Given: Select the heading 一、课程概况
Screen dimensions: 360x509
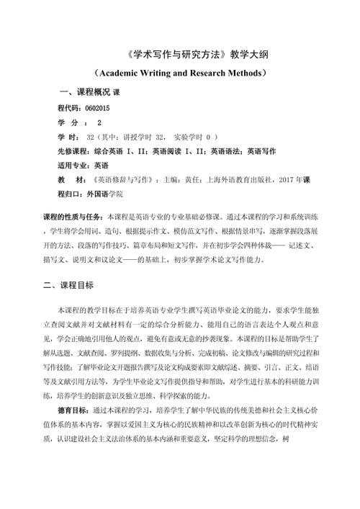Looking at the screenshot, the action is (x=84, y=93).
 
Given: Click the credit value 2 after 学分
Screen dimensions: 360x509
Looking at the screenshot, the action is (x=99, y=122).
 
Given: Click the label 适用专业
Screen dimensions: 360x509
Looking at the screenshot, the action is (x=73, y=165).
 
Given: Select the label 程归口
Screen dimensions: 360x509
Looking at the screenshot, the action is (x=69, y=194).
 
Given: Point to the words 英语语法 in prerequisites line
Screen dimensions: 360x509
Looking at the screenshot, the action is (x=224, y=150).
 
